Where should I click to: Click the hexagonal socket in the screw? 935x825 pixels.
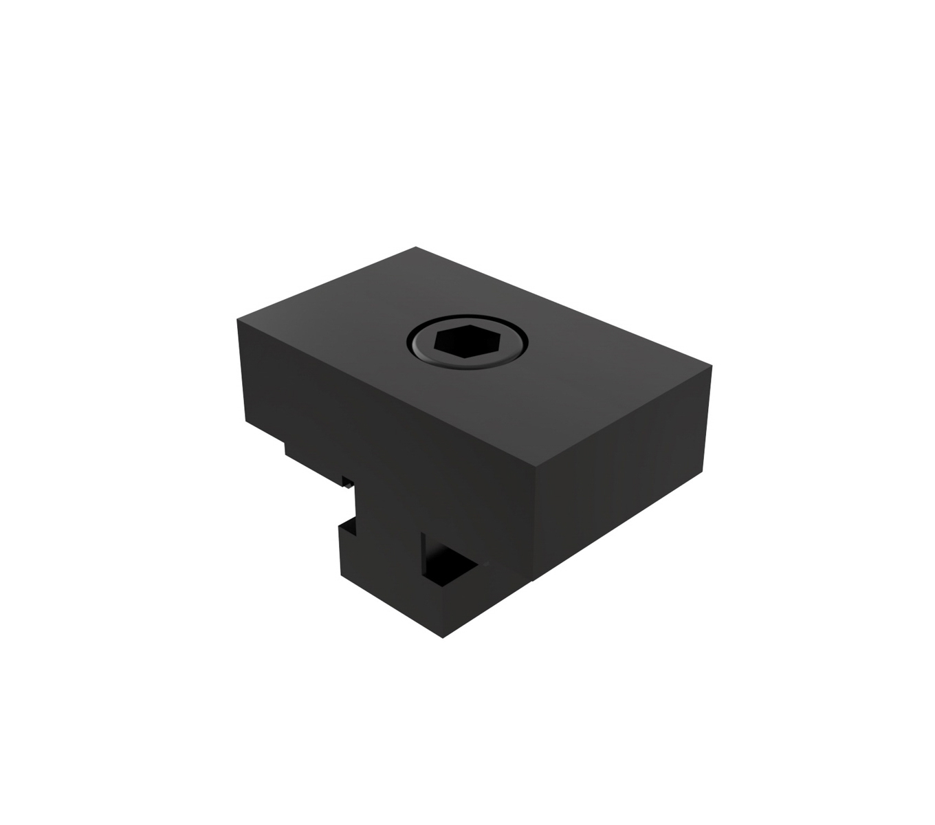click(466, 341)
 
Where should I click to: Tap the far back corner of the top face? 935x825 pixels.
click(416, 247)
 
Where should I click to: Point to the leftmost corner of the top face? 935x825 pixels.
click(237, 319)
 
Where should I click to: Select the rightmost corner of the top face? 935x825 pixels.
click(712, 366)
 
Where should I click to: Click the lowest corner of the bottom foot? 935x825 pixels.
click(444, 637)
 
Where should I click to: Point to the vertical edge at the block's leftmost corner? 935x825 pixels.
click(241, 371)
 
